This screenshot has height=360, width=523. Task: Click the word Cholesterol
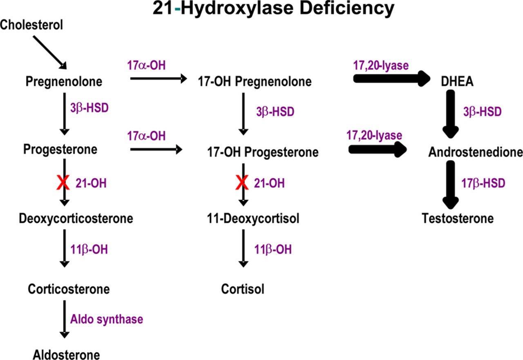pyautogui.click(x=32, y=25)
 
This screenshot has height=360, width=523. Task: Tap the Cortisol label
pyautogui.click(x=243, y=289)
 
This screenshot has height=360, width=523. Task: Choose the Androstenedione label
pyautogui.click(x=476, y=152)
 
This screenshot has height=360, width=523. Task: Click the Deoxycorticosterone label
pyautogui.click(x=76, y=219)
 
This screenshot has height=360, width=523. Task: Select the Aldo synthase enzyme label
pyautogui.click(x=107, y=319)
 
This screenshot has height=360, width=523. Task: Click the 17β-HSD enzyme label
pyautogui.click(x=483, y=183)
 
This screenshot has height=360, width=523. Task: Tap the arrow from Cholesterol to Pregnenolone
pyautogui.click(x=49, y=51)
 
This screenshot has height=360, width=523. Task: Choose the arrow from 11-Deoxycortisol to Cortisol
pyautogui.click(x=244, y=248)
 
